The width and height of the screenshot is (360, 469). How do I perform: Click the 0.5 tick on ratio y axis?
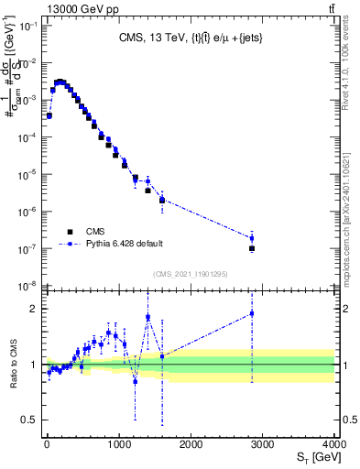(x=29, y=420)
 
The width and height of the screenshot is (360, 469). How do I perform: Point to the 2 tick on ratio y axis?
(x=33, y=309)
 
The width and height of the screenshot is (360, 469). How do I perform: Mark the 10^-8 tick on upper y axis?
(x=27, y=287)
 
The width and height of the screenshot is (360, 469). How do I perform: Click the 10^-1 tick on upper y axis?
(x=27, y=26)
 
